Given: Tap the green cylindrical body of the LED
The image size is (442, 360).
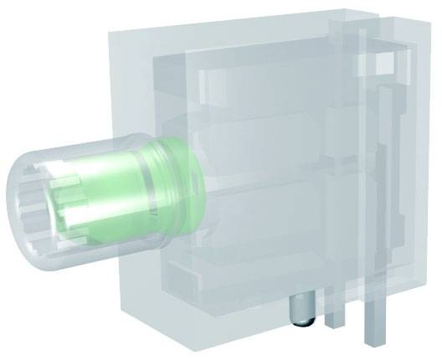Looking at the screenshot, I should point(167,193).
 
